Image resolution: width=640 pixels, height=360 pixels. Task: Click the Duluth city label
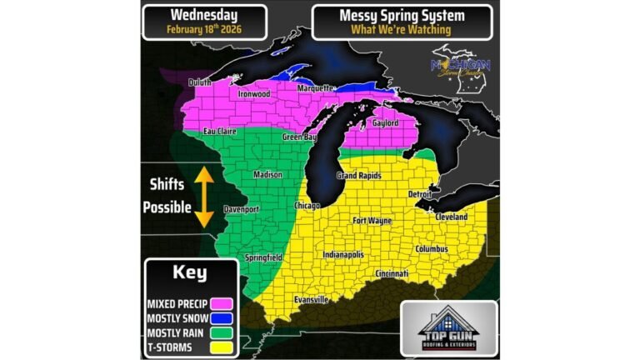200,82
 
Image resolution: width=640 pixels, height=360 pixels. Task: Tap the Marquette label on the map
316,88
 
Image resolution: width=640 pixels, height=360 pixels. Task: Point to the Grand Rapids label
360,176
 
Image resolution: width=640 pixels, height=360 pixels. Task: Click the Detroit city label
419,193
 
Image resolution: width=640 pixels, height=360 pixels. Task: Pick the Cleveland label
450,217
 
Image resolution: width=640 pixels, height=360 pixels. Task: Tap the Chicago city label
307,205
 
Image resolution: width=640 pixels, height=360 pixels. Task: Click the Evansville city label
311,299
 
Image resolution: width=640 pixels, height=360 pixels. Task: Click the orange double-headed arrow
201,197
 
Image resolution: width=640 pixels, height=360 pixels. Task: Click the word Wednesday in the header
204,14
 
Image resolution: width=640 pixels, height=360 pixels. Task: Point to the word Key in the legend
190,273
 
